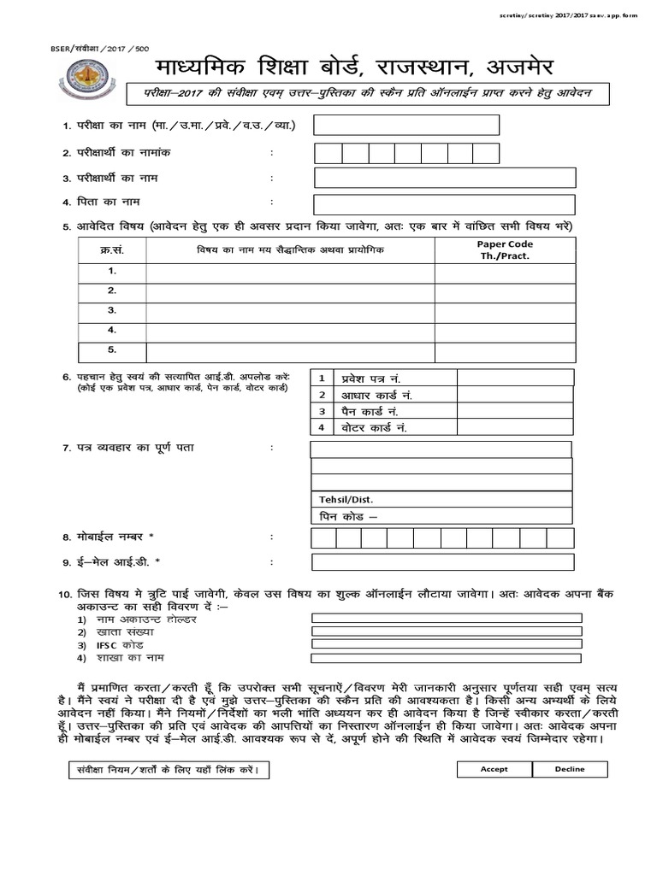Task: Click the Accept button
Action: click(x=494, y=769)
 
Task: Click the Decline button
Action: click(x=569, y=769)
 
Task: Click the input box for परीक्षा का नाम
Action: click(x=405, y=125)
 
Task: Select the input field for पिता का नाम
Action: click(x=444, y=204)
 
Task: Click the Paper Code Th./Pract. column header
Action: click(x=505, y=250)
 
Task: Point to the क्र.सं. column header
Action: click(x=112, y=250)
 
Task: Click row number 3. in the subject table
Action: click(x=112, y=310)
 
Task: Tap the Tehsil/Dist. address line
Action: click(x=441, y=499)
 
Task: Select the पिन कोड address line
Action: click(x=441, y=515)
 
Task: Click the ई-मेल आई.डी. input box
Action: click(x=441, y=561)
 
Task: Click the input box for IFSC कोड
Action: click(x=447, y=644)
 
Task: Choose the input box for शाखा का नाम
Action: click(x=447, y=659)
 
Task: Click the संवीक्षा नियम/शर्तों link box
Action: click(x=163, y=770)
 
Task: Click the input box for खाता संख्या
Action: click(x=447, y=631)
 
